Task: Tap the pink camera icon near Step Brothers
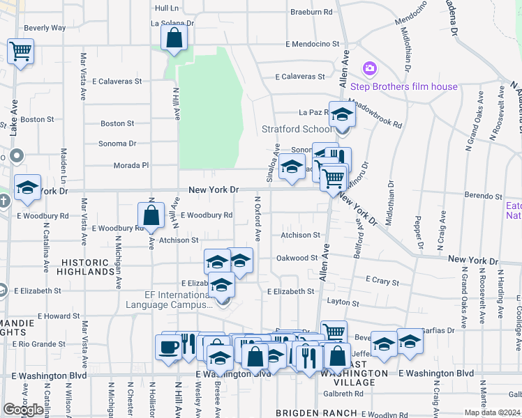[x=369, y=70]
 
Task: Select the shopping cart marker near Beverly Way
[x=20, y=50]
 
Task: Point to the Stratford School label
[x=297, y=129]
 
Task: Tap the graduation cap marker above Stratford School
[x=342, y=114]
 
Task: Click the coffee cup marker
[x=168, y=347]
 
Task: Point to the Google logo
[x=24, y=409]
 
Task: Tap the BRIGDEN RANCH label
[x=308, y=412]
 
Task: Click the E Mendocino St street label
[x=316, y=44]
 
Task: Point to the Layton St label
[x=343, y=303]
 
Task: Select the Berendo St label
[x=479, y=197]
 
